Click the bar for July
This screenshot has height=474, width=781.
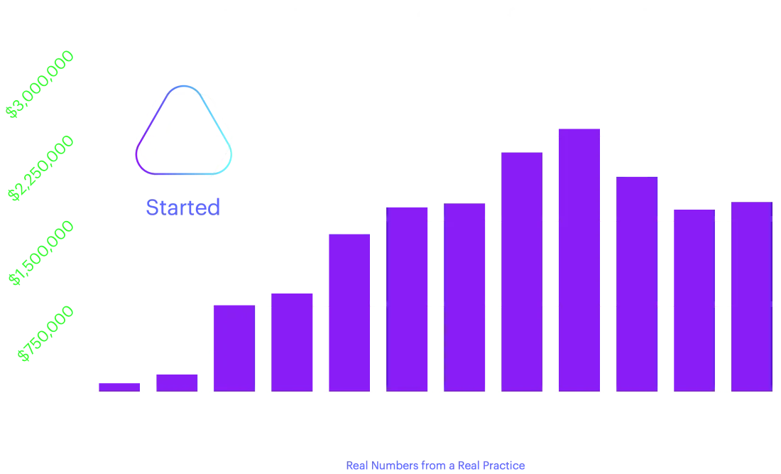[119, 386]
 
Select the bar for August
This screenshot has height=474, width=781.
[176, 381]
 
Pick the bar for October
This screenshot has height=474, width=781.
[292, 340]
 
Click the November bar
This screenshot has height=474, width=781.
[349, 312]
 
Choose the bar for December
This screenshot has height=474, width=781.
[408, 298]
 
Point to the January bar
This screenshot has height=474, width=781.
[465, 296]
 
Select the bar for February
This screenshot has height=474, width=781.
[522, 270]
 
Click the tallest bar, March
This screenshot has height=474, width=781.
[579, 259]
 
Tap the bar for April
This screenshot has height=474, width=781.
[636, 284]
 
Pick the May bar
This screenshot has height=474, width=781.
[693, 298]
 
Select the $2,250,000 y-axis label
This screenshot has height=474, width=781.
[40, 168]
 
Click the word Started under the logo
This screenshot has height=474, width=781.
[182, 208]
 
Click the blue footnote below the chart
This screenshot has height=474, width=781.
[436, 466]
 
